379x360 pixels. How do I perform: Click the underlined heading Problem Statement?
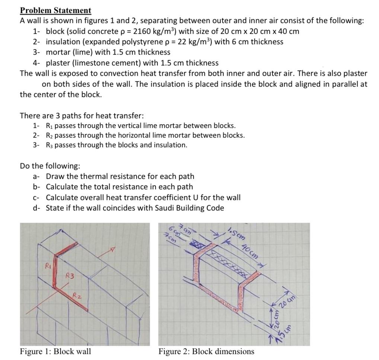(55, 10)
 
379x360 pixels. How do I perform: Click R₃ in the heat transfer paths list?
(49, 145)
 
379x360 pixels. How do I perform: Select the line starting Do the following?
(50, 165)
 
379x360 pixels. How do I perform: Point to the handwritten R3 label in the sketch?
(69, 276)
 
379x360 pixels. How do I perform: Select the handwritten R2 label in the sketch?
(77, 296)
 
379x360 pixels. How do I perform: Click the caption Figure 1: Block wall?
(55, 351)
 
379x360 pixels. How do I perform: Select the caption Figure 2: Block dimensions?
(206, 351)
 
